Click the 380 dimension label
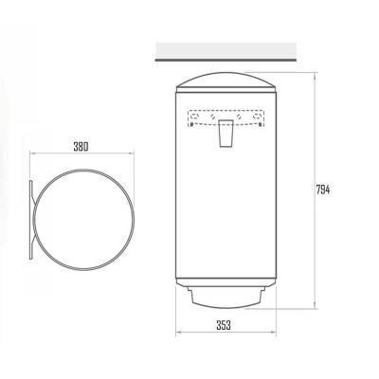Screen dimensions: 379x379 point(81,147)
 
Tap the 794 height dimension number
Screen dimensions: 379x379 point(323,190)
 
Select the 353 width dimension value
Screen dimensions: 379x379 point(224,325)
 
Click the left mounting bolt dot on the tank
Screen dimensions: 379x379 point(191,124)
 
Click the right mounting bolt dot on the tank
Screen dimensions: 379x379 point(260,124)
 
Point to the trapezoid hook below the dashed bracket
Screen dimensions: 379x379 point(226,134)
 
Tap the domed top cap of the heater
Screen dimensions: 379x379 point(226,82)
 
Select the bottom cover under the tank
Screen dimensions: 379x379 point(226,297)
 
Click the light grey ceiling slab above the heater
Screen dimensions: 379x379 point(226,50)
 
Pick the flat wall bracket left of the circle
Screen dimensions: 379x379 point(31,220)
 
